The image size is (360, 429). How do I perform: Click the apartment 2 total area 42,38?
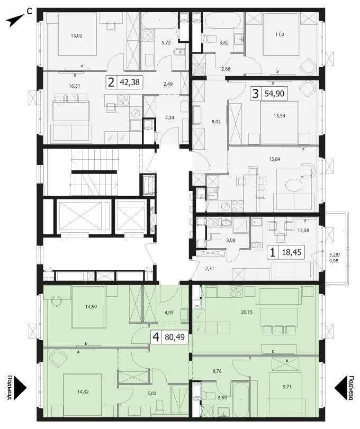(130, 82)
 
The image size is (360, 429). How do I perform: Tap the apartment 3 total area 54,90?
(274, 94)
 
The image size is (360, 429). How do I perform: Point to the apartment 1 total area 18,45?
(292, 252)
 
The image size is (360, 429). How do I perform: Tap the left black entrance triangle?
(20, 387)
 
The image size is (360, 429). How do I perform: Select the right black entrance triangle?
(340, 387)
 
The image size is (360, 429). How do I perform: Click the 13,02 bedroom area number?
(76, 35)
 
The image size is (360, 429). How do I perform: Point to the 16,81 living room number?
(75, 86)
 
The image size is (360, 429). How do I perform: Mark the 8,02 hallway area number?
(217, 122)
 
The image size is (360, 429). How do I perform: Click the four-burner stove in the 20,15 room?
(236, 291)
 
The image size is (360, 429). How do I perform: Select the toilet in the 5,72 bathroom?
(178, 52)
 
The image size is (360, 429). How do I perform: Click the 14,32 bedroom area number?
(83, 392)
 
